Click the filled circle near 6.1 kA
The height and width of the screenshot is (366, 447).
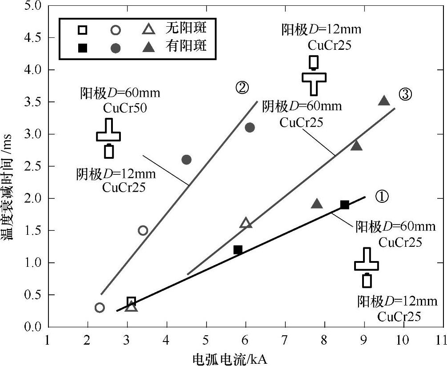point(250,128)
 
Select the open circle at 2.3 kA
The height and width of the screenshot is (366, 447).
point(100,307)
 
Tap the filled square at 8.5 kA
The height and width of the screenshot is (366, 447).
point(344,205)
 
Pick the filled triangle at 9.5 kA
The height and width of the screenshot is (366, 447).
point(384,101)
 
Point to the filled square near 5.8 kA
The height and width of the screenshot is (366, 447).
point(238,250)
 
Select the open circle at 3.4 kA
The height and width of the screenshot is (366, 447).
point(143,230)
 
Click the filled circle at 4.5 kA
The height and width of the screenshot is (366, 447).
point(187,160)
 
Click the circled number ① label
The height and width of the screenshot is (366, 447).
point(383,196)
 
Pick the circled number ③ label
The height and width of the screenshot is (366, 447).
point(405,94)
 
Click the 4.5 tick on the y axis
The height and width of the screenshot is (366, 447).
point(35,38)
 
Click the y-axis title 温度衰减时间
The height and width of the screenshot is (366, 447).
point(10,196)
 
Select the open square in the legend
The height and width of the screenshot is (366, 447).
point(83,30)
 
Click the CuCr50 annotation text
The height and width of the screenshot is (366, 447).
point(120,108)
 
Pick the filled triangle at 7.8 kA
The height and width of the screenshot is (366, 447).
point(316,204)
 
